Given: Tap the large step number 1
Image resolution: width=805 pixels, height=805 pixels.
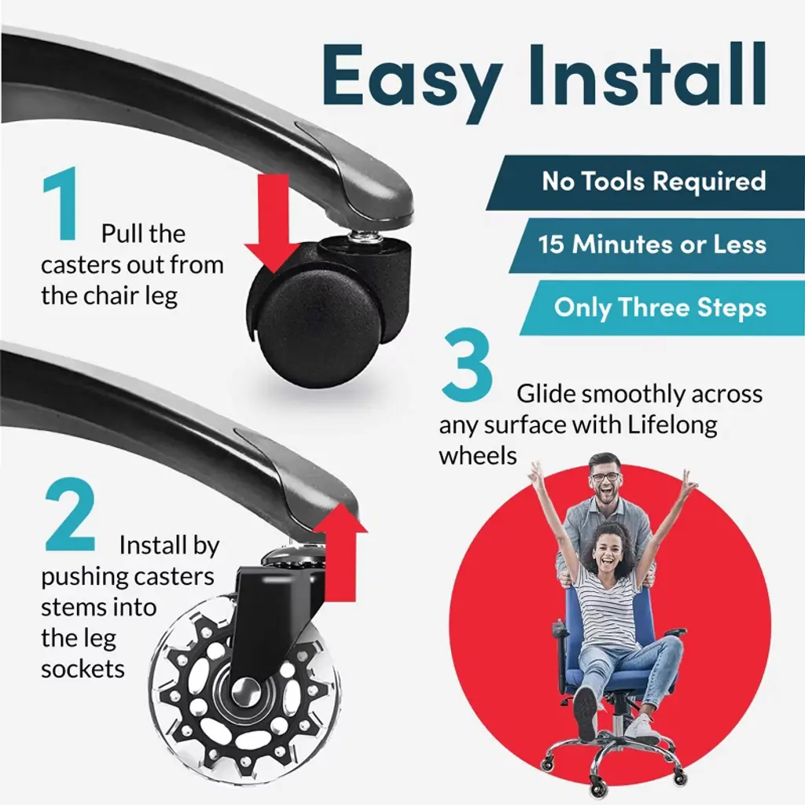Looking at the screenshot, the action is click(61, 204).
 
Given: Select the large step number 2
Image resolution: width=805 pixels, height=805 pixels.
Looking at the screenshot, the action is click(70, 514).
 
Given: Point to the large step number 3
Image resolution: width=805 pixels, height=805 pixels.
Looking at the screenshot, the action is click(467, 366).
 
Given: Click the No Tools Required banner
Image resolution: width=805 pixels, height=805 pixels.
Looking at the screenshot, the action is click(646, 182).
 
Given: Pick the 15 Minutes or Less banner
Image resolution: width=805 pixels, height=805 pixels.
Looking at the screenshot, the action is click(657, 245).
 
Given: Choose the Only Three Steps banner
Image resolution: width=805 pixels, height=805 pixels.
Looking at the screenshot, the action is click(662, 307).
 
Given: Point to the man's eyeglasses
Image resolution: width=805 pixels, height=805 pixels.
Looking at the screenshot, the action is click(605, 477).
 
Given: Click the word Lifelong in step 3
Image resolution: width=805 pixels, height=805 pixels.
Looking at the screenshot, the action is click(673, 426).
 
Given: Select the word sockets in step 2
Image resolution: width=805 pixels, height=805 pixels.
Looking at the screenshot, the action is click(83, 669).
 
